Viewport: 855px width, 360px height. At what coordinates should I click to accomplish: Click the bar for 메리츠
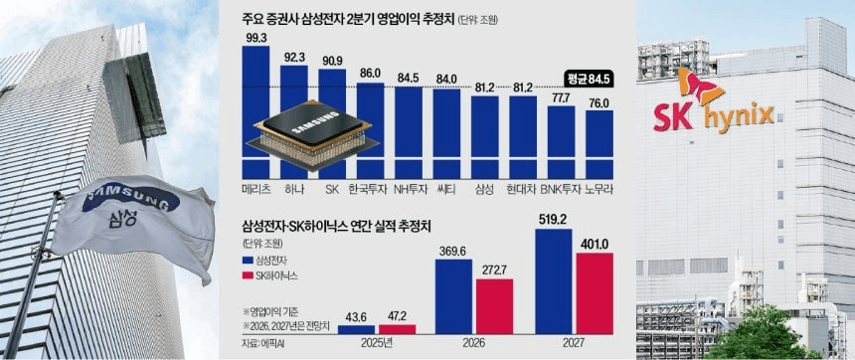256,112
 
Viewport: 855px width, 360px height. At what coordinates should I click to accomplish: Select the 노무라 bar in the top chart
599,144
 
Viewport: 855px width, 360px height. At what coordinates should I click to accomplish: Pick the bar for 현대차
523,137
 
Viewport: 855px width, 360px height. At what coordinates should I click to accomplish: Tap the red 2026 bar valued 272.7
494,306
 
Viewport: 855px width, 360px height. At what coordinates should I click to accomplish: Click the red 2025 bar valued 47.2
397,329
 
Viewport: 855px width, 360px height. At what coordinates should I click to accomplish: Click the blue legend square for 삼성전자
245,260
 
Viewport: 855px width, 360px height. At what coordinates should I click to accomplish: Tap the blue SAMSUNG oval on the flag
131,199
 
